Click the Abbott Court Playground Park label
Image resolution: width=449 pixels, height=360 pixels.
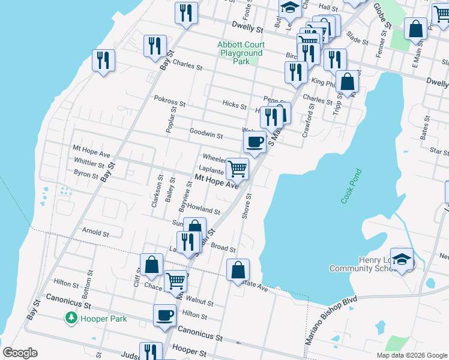point(241,53)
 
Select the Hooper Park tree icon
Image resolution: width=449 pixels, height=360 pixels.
point(71,317)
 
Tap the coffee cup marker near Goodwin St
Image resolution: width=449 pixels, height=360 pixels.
point(255,142)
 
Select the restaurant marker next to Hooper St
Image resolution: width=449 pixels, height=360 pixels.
point(151,352)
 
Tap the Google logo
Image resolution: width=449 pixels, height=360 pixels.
point(20,353)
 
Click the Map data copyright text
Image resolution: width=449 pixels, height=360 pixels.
point(412,355)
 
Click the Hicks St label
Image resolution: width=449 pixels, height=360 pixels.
point(234,106)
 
